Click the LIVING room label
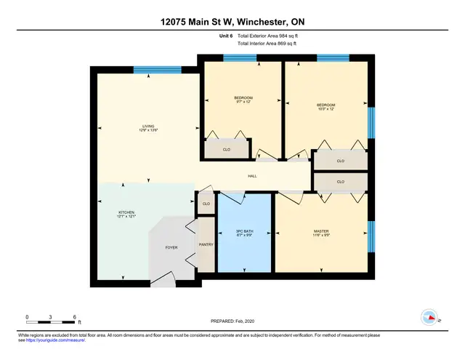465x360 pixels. pos(148,126)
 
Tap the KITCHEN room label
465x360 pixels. pos(127,212)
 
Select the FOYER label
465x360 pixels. pos(171,247)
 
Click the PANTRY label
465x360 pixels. pos(206,245)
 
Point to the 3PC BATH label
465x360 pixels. pos(243,231)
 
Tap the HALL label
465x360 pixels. pos(252,176)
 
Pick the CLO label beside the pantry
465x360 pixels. pos(206,204)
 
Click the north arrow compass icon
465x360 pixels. pos(430,317)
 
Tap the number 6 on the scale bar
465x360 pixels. pos(74,318)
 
